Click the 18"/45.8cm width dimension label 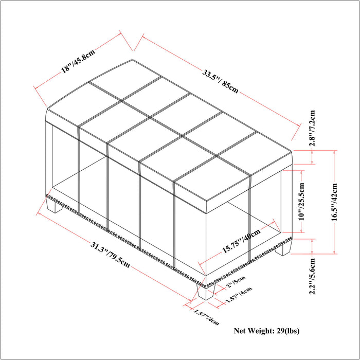point(78,61)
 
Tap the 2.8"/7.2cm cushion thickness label point(312,128)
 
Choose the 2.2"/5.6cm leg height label point(312,276)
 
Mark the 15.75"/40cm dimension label point(241,240)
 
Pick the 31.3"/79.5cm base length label point(110,255)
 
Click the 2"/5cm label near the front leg point(236,281)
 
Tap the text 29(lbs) point(288,331)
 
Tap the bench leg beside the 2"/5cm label point(206,291)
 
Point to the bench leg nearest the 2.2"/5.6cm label point(283,248)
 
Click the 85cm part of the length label point(230,87)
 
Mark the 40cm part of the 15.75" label point(252,234)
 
